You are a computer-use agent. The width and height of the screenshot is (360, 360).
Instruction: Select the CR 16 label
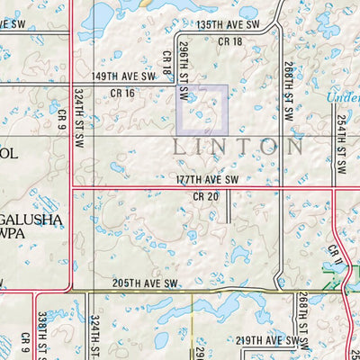click(122, 93)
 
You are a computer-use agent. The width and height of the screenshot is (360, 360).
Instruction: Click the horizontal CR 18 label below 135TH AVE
click(231, 42)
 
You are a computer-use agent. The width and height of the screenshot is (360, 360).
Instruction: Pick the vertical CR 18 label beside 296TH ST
click(167, 62)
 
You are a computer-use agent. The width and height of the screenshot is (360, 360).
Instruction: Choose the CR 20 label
click(206, 196)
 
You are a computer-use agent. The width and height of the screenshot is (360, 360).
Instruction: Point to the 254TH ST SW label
click(341, 144)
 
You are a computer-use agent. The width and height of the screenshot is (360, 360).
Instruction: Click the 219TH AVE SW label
click(266, 340)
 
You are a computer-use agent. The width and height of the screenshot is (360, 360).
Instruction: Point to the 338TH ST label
click(42, 333)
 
